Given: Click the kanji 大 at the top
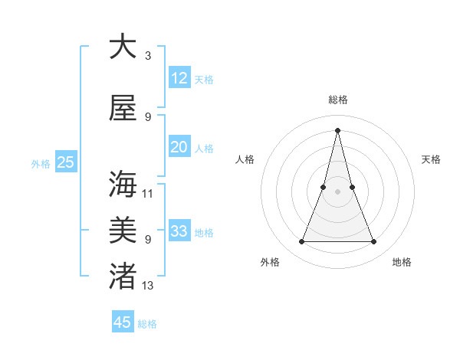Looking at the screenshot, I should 123,47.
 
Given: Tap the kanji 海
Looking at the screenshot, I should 123,185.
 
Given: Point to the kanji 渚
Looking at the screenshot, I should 123,276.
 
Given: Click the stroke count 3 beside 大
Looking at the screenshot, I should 148,56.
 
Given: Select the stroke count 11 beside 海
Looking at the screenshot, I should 148,194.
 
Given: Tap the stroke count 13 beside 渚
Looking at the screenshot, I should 148,285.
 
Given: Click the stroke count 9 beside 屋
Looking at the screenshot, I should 148,117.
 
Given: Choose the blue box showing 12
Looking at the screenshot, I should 179,78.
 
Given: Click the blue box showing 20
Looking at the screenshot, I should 179,147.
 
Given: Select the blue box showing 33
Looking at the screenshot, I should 179,231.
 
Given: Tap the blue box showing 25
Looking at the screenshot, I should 66,162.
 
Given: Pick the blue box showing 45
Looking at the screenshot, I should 123,322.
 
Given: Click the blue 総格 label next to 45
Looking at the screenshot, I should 148,324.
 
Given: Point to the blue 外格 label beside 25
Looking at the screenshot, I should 41,163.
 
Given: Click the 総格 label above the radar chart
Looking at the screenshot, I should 337,100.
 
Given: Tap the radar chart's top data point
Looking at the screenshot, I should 337,129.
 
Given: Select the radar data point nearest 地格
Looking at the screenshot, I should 373,242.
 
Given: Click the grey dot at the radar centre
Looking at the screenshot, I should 337,191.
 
